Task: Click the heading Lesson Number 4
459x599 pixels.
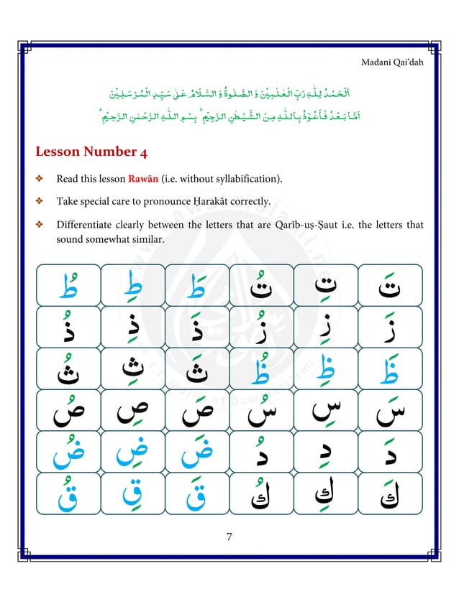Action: [x=86, y=152]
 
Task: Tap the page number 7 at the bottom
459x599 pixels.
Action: [x=229, y=537]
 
